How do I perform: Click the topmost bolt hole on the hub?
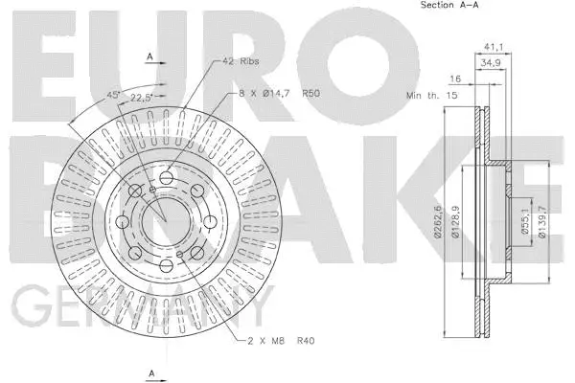167,177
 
